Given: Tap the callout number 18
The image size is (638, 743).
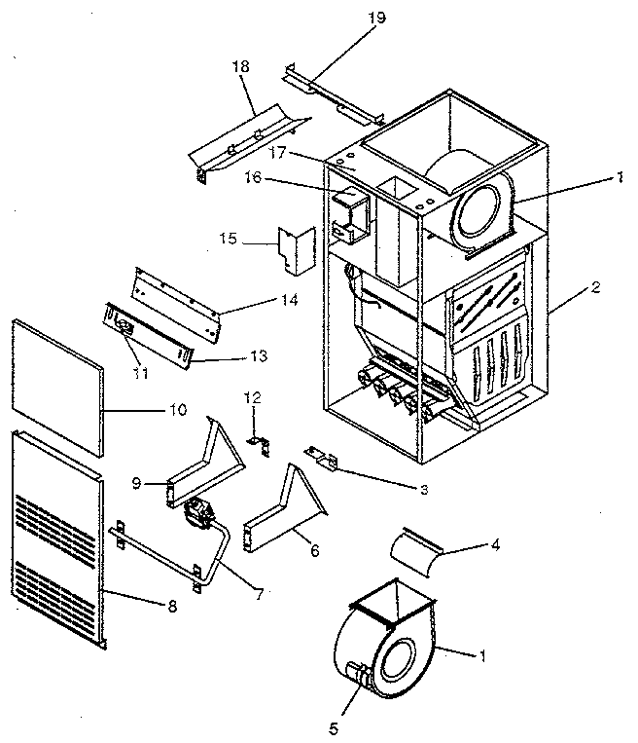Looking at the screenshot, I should coord(241,66).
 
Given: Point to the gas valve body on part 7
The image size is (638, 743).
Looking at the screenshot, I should coord(200,513).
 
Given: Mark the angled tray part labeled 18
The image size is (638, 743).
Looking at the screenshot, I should coord(248,141).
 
